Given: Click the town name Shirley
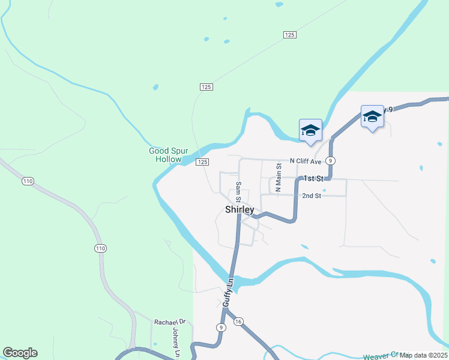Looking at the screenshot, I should [x=240, y=209].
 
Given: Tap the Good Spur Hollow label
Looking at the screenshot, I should [x=165, y=155].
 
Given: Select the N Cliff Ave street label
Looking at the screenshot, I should [x=306, y=161].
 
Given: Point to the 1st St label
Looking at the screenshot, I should [x=313, y=178].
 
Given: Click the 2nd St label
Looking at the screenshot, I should [x=312, y=196].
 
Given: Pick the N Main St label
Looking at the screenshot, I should [x=278, y=178].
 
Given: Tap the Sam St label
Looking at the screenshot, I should [x=238, y=191].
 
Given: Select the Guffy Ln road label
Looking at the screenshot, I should [x=228, y=292].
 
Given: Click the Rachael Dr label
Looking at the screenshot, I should [x=170, y=322].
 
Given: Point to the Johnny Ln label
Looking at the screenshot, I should [x=176, y=343].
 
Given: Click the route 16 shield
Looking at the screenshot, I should [x=238, y=321].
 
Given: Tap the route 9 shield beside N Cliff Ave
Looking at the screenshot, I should [x=331, y=160].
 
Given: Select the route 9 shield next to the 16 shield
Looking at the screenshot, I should [x=221, y=327].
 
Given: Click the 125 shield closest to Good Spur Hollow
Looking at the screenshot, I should [x=202, y=162].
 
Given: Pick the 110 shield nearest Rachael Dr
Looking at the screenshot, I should [x=100, y=248].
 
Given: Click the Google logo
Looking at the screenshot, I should [x=20, y=353].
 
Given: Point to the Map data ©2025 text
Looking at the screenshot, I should [x=423, y=355].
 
